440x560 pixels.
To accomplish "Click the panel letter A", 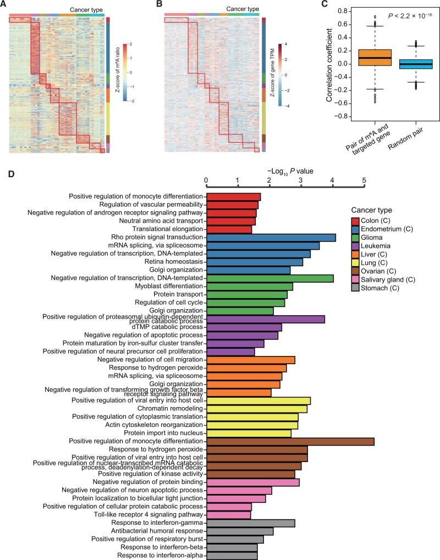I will click(x=4, y=5).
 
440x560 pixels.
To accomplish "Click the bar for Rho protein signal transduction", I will click(x=271, y=238).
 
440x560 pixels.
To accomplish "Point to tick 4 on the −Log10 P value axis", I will click(x=332, y=180).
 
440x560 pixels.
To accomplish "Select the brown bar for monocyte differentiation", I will click(x=290, y=441).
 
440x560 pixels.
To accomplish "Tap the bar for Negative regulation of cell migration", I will click(x=250, y=360).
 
